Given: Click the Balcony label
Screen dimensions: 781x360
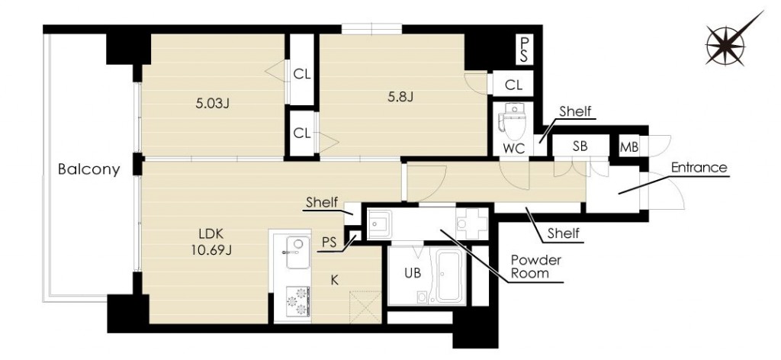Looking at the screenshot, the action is (x=89, y=169).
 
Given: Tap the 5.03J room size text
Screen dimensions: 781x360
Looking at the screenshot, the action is (x=213, y=104).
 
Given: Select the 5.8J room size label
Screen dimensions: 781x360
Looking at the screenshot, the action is (x=401, y=96).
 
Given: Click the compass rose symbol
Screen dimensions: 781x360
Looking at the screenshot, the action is (x=727, y=43).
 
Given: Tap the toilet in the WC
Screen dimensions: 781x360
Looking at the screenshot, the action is (x=512, y=123).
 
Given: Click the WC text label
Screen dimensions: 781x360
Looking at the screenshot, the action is (x=513, y=149).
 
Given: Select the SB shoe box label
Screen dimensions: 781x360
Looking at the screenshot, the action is (x=580, y=146).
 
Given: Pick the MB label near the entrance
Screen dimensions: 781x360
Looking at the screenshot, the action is (x=629, y=147).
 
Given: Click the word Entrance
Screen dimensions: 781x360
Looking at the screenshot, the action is (x=699, y=167).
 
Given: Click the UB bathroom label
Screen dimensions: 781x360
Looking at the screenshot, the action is (x=413, y=273).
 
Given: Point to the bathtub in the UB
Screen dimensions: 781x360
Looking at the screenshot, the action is (x=451, y=275).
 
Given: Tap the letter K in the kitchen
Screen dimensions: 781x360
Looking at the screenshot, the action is (x=336, y=281).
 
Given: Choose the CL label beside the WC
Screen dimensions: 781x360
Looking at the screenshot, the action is (x=513, y=85).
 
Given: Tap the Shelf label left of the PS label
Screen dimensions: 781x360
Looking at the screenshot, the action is (x=322, y=202).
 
